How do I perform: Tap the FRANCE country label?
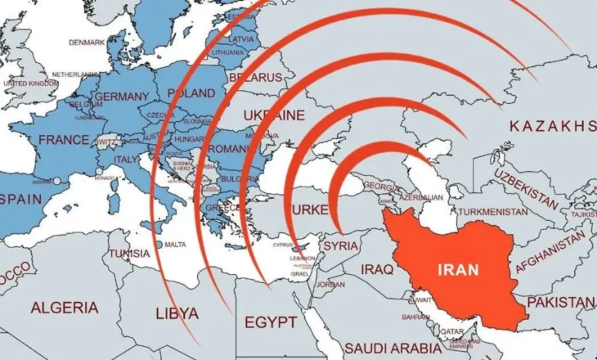tap(64, 140)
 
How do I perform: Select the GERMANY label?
tap(122, 97)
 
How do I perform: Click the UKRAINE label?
tap(275, 115)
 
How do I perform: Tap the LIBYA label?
tap(176, 312)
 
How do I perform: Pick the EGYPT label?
tap(270, 322)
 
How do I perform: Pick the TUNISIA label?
tap(130, 254)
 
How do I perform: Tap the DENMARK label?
tap(88, 42)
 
